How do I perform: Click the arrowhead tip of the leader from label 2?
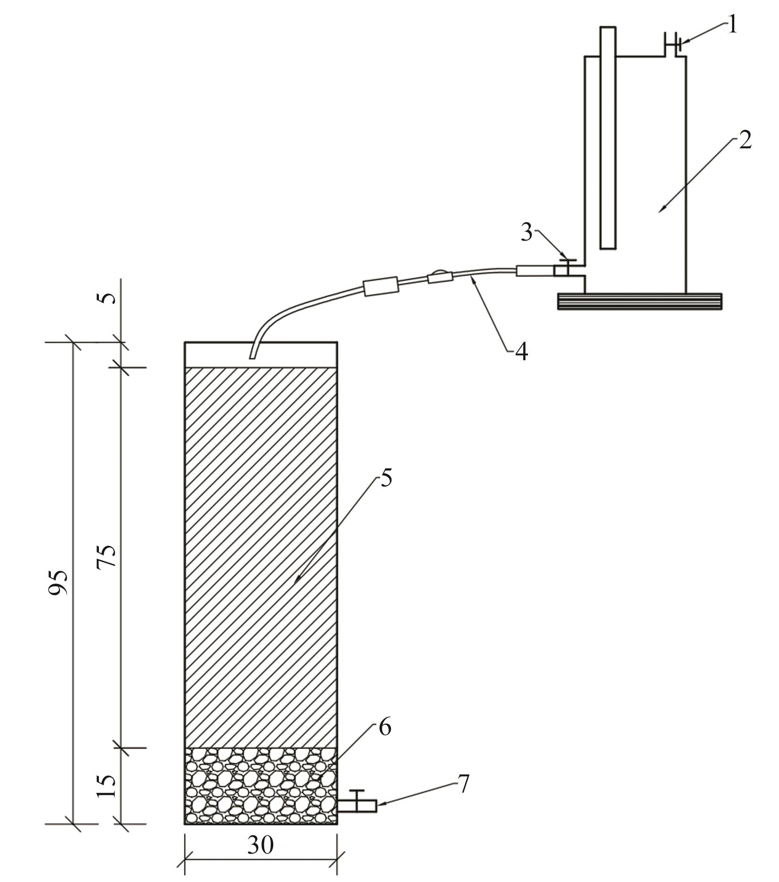click(x=658, y=212)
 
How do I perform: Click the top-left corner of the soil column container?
click(x=185, y=342)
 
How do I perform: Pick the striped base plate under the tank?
click(x=640, y=301)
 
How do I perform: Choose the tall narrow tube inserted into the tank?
click(x=608, y=138)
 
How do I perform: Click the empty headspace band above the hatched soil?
click(x=261, y=355)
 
